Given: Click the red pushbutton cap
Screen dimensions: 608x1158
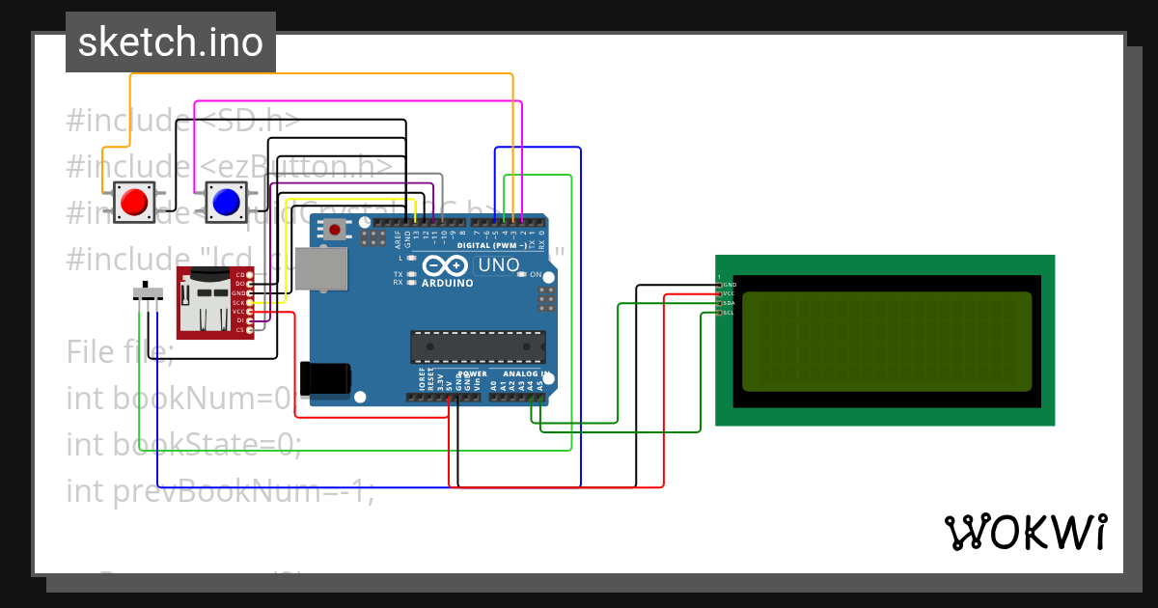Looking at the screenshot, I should click(133, 201).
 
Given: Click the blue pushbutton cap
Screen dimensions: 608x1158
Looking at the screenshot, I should click(225, 201).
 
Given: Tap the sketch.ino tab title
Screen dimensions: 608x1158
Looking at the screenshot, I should click(171, 42).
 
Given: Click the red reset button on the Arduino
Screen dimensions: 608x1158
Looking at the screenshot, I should click(335, 230).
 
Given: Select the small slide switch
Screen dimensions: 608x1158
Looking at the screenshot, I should click(147, 291).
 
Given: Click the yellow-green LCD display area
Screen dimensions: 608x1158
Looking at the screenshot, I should click(886, 341).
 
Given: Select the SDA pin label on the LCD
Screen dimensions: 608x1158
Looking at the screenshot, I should click(730, 303).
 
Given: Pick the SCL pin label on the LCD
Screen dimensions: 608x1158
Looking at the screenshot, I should click(730, 313).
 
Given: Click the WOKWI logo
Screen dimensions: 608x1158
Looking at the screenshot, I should click(1025, 532).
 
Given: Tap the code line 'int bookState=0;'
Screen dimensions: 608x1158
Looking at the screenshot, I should click(183, 444).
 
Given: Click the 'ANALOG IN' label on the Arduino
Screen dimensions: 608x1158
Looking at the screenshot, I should click(525, 373).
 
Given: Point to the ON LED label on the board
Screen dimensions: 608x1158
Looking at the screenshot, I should click(535, 274).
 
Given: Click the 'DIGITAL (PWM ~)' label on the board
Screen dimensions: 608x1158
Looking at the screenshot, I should click(491, 246).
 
